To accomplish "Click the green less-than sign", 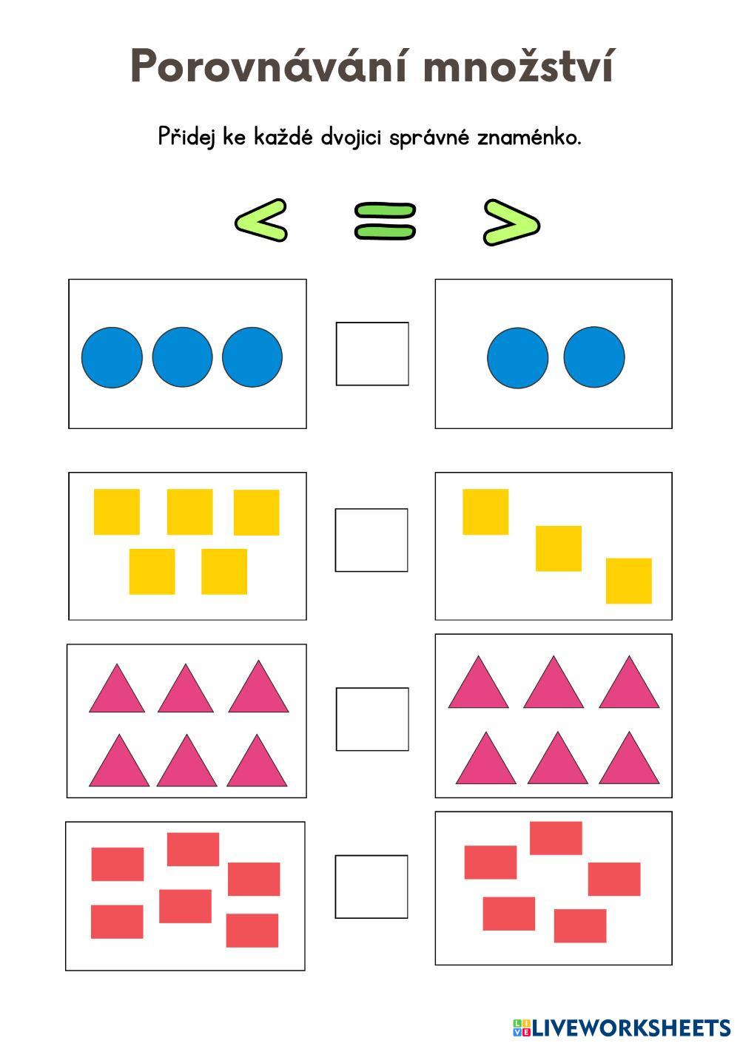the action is coord(260,220).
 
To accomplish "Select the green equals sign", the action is coord(385,221).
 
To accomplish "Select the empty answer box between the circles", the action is coord(372,354).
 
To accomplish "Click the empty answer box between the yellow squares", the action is coord(371,540).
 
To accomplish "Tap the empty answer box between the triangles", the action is coord(372,719).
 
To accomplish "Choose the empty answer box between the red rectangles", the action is coord(371,887).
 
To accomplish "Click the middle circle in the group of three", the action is coord(182,357).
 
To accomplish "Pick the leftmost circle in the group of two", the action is coord(517,357).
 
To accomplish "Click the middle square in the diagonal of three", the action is coord(559,549).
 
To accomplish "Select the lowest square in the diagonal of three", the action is coord(629,581).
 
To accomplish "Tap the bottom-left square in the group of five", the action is coord(152,571).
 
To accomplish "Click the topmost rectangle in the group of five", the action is coord(556,838).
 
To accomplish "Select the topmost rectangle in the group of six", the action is coord(193,849).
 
